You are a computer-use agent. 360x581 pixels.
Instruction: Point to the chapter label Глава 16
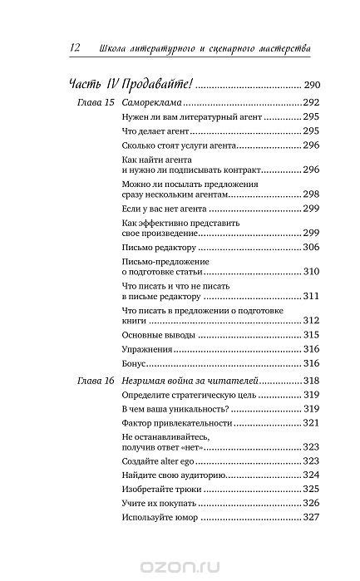tap(83, 380)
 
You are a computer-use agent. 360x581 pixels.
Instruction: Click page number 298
tap(311, 194)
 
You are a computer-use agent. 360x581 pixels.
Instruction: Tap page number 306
tap(311, 248)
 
